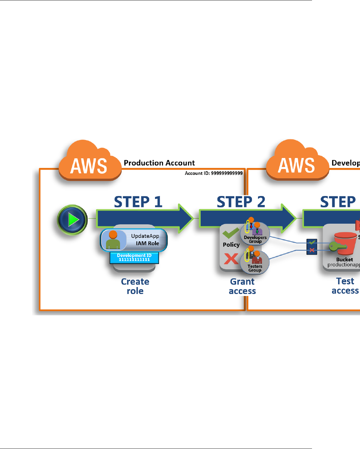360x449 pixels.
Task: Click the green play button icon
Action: (x=72, y=220)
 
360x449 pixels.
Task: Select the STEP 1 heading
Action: (x=138, y=202)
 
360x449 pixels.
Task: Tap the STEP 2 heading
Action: (x=241, y=202)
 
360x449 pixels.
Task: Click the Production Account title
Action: (x=159, y=163)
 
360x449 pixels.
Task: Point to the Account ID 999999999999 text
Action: (x=214, y=173)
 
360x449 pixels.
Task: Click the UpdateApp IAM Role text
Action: (x=145, y=240)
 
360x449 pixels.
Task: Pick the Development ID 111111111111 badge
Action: (x=134, y=258)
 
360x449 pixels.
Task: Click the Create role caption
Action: (x=135, y=286)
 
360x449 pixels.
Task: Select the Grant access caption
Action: (x=242, y=286)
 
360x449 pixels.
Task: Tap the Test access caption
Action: (x=345, y=286)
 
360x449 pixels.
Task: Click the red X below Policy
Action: (x=231, y=259)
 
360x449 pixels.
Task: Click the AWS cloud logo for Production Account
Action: (x=89, y=162)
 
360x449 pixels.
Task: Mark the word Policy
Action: (x=231, y=245)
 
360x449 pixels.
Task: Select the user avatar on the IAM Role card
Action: (x=113, y=240)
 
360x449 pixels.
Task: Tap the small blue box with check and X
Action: (x=312, y=247)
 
